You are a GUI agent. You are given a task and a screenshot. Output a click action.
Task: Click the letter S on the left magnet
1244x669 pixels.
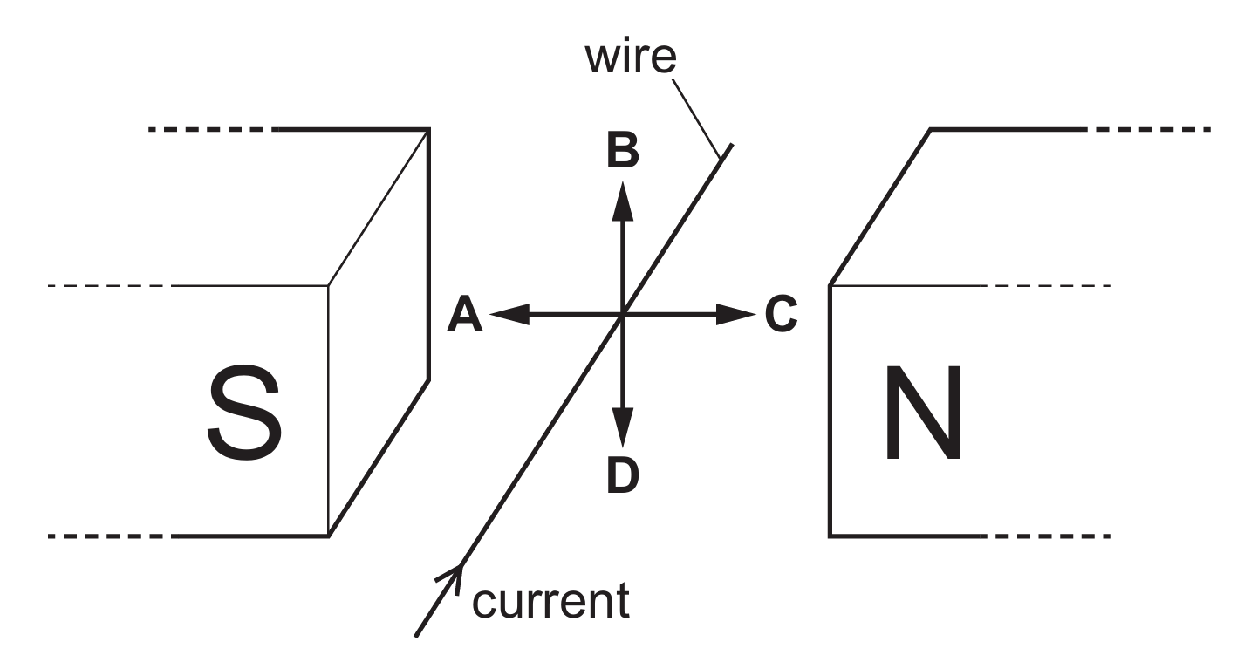tap(244, 413)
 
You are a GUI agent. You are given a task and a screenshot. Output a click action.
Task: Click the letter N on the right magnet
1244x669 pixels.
tap(923, 413)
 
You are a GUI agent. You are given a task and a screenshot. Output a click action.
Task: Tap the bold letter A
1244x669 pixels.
tap(465, 314)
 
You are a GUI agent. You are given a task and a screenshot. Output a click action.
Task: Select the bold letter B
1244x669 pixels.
tap(623, 150)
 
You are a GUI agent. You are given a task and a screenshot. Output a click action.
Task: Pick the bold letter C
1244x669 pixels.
tap(782, 314)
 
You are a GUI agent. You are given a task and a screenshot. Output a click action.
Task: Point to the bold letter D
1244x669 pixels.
tap(623, 474)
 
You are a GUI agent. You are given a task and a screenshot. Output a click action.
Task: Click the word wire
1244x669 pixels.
tap(631, 57)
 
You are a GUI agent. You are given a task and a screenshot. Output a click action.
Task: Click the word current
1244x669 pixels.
tap(551, 602)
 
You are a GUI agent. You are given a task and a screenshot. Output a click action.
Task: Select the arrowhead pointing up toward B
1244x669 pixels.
tap(623, 201)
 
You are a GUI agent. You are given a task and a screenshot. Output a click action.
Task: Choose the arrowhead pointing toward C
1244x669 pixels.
tap(736, 314)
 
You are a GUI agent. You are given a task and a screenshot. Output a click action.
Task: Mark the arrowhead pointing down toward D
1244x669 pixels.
tap(623, 427)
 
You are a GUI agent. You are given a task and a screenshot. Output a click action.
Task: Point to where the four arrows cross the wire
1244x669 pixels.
tap(623, 314)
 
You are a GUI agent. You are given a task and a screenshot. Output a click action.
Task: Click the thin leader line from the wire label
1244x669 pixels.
tap(696, 119)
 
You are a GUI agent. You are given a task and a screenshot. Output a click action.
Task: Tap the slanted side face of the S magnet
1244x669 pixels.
tap(379, 333)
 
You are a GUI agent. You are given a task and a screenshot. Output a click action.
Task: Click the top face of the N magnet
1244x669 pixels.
tap(959, 208)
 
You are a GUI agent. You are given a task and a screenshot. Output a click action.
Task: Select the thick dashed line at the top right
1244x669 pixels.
tap(1153, 129)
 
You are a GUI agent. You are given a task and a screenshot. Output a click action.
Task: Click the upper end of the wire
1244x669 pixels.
tap(731, 145)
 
